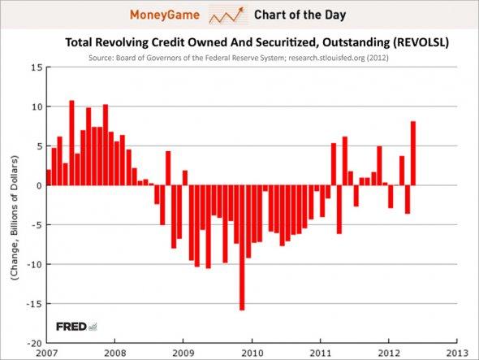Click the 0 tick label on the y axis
click(37, 185)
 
